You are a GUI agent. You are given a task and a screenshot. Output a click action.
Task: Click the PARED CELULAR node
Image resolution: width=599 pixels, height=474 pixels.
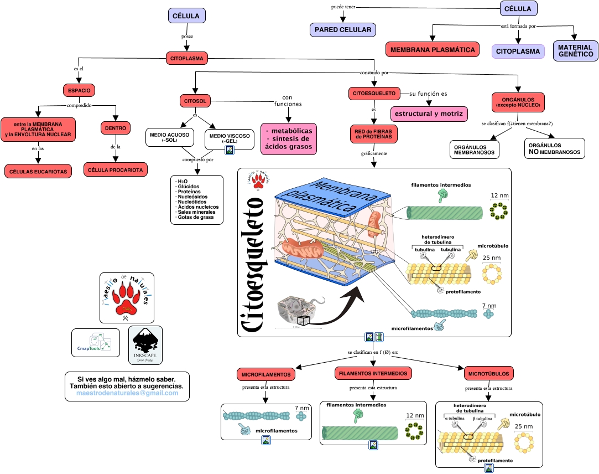tap(343, 30)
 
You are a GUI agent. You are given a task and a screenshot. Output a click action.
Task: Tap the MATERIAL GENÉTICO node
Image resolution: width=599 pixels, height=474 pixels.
tap(575, 51)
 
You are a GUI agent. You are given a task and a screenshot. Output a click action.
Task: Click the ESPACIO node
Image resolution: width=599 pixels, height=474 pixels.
tap(80, 90)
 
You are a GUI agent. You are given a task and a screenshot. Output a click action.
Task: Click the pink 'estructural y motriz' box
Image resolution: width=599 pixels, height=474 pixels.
tap(429, 114)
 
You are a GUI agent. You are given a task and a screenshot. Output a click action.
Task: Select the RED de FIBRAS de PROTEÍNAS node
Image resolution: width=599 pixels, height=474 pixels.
tap(373, 133)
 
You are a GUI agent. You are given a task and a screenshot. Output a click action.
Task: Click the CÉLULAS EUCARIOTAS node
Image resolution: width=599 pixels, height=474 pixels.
tap(38, 172)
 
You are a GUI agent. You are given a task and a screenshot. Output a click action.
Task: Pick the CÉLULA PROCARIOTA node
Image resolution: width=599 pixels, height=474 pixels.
tap(116, 169)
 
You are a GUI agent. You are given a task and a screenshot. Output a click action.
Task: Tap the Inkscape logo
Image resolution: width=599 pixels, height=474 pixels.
tap(145, 344)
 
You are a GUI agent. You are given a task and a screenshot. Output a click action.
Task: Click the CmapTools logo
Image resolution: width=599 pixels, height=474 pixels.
tap(96, 342)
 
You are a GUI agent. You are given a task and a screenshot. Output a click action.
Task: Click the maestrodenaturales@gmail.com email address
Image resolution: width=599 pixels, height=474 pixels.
tap(127, 393)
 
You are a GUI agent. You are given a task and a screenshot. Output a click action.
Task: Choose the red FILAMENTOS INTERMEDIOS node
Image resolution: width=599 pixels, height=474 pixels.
tap(373, 373)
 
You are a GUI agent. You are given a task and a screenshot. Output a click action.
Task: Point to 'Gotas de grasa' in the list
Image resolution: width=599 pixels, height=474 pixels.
tap(196, 217)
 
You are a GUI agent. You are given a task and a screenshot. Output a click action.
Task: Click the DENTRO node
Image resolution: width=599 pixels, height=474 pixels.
tap(115, 128)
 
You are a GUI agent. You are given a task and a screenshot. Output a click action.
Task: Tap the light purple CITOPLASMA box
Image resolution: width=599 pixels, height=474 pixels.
tap(518, 51)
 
